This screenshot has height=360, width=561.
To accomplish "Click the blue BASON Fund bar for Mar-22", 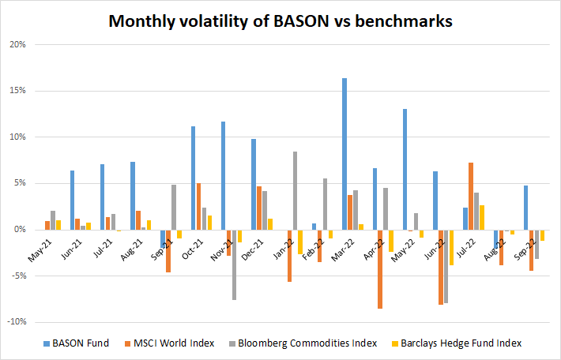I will pos(345,154).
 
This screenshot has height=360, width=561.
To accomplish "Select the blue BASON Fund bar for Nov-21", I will pos(224,175).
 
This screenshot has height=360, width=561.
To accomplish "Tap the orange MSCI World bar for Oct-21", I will pos(199,206).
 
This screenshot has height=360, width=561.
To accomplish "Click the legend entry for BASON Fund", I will pos(76,343).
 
